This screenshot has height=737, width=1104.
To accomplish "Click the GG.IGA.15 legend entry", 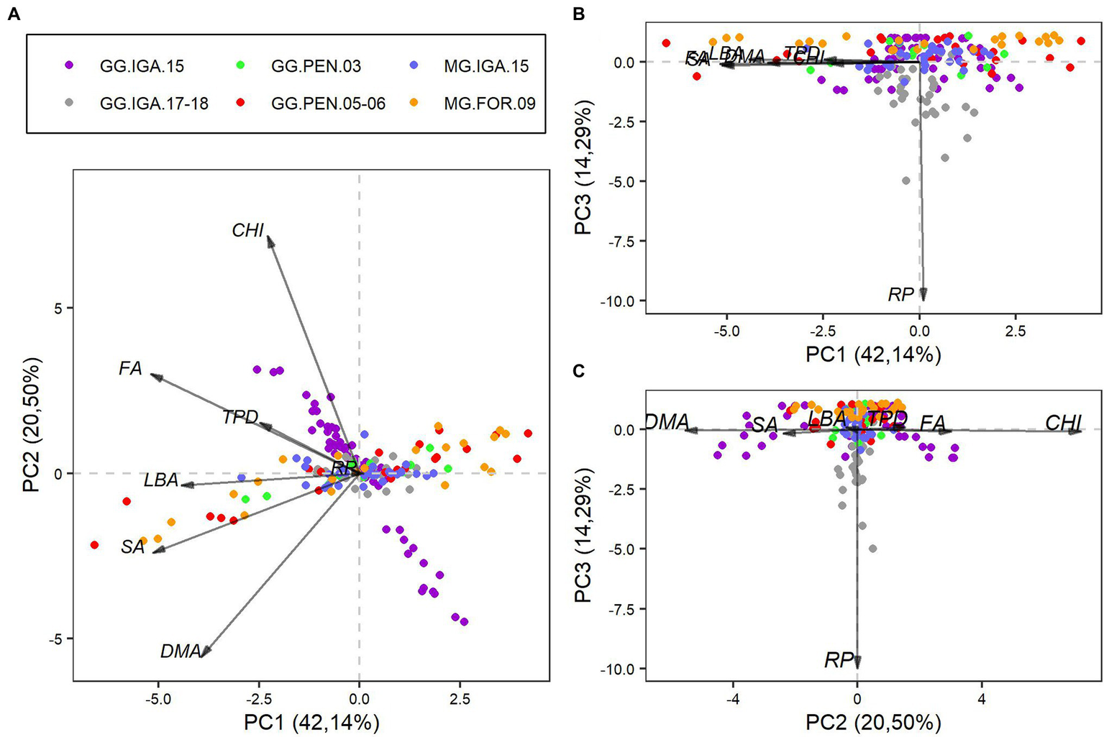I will pos(142,66).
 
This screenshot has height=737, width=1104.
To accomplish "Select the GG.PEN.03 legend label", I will pos(316,66).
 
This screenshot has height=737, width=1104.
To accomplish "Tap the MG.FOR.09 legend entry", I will pos(489,104).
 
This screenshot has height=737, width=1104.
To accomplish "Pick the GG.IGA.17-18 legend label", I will pos(154,104).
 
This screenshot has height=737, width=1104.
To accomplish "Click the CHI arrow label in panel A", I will pos(247,231).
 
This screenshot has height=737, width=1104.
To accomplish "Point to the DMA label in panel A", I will pos(180,651).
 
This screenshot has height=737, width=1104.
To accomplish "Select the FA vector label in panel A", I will pos(130,369).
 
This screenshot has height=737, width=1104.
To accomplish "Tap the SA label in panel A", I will pos(133,547).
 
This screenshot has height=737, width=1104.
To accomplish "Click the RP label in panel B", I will pos(900,294).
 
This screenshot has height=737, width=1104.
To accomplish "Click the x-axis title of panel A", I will pos(311,722).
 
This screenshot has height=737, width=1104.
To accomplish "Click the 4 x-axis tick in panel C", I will pos(981,698).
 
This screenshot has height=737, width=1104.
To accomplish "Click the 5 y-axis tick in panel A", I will pos(60,308).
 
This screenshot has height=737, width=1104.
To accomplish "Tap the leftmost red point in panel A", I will pos(94,545).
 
